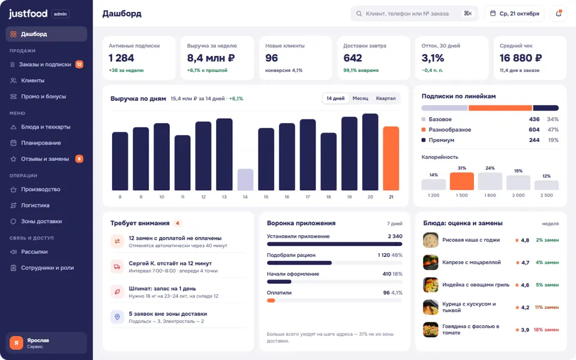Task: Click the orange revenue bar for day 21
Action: coord(391,158)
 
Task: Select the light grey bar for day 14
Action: coord(245,179)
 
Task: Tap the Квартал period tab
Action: coord(386,98)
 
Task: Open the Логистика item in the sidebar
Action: coord(35,205)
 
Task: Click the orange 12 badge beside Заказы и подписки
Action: coord(79,64)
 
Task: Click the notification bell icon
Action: coord(559,14)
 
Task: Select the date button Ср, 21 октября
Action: coord(514,14)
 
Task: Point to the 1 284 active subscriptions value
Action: coord(121,58)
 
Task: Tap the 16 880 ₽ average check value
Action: coord(521,58)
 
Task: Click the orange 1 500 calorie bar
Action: coord(462,181)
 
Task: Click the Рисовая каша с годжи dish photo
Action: coord(431,240)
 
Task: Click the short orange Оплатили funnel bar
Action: coord(271,301)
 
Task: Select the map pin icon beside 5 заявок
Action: coord(117,317)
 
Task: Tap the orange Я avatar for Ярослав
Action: coord(16,343)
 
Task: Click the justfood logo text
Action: coord(28,14)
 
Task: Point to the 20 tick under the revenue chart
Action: coord(370,197)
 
